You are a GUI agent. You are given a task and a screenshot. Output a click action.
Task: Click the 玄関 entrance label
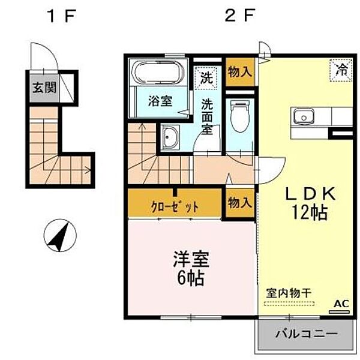(x=44, y=88)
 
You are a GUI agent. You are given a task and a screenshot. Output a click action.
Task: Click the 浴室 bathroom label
(x=160, y=101)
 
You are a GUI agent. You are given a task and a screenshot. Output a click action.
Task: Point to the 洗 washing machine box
(x=206, y=77)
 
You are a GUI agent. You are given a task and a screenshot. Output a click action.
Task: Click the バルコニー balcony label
(x=307, y=334)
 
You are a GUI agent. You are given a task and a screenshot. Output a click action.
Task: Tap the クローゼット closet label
(x=174, y=206)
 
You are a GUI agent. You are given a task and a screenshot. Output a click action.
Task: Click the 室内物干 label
(x=289, y=293)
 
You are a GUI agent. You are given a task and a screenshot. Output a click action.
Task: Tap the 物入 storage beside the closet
(x=239, y=203)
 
